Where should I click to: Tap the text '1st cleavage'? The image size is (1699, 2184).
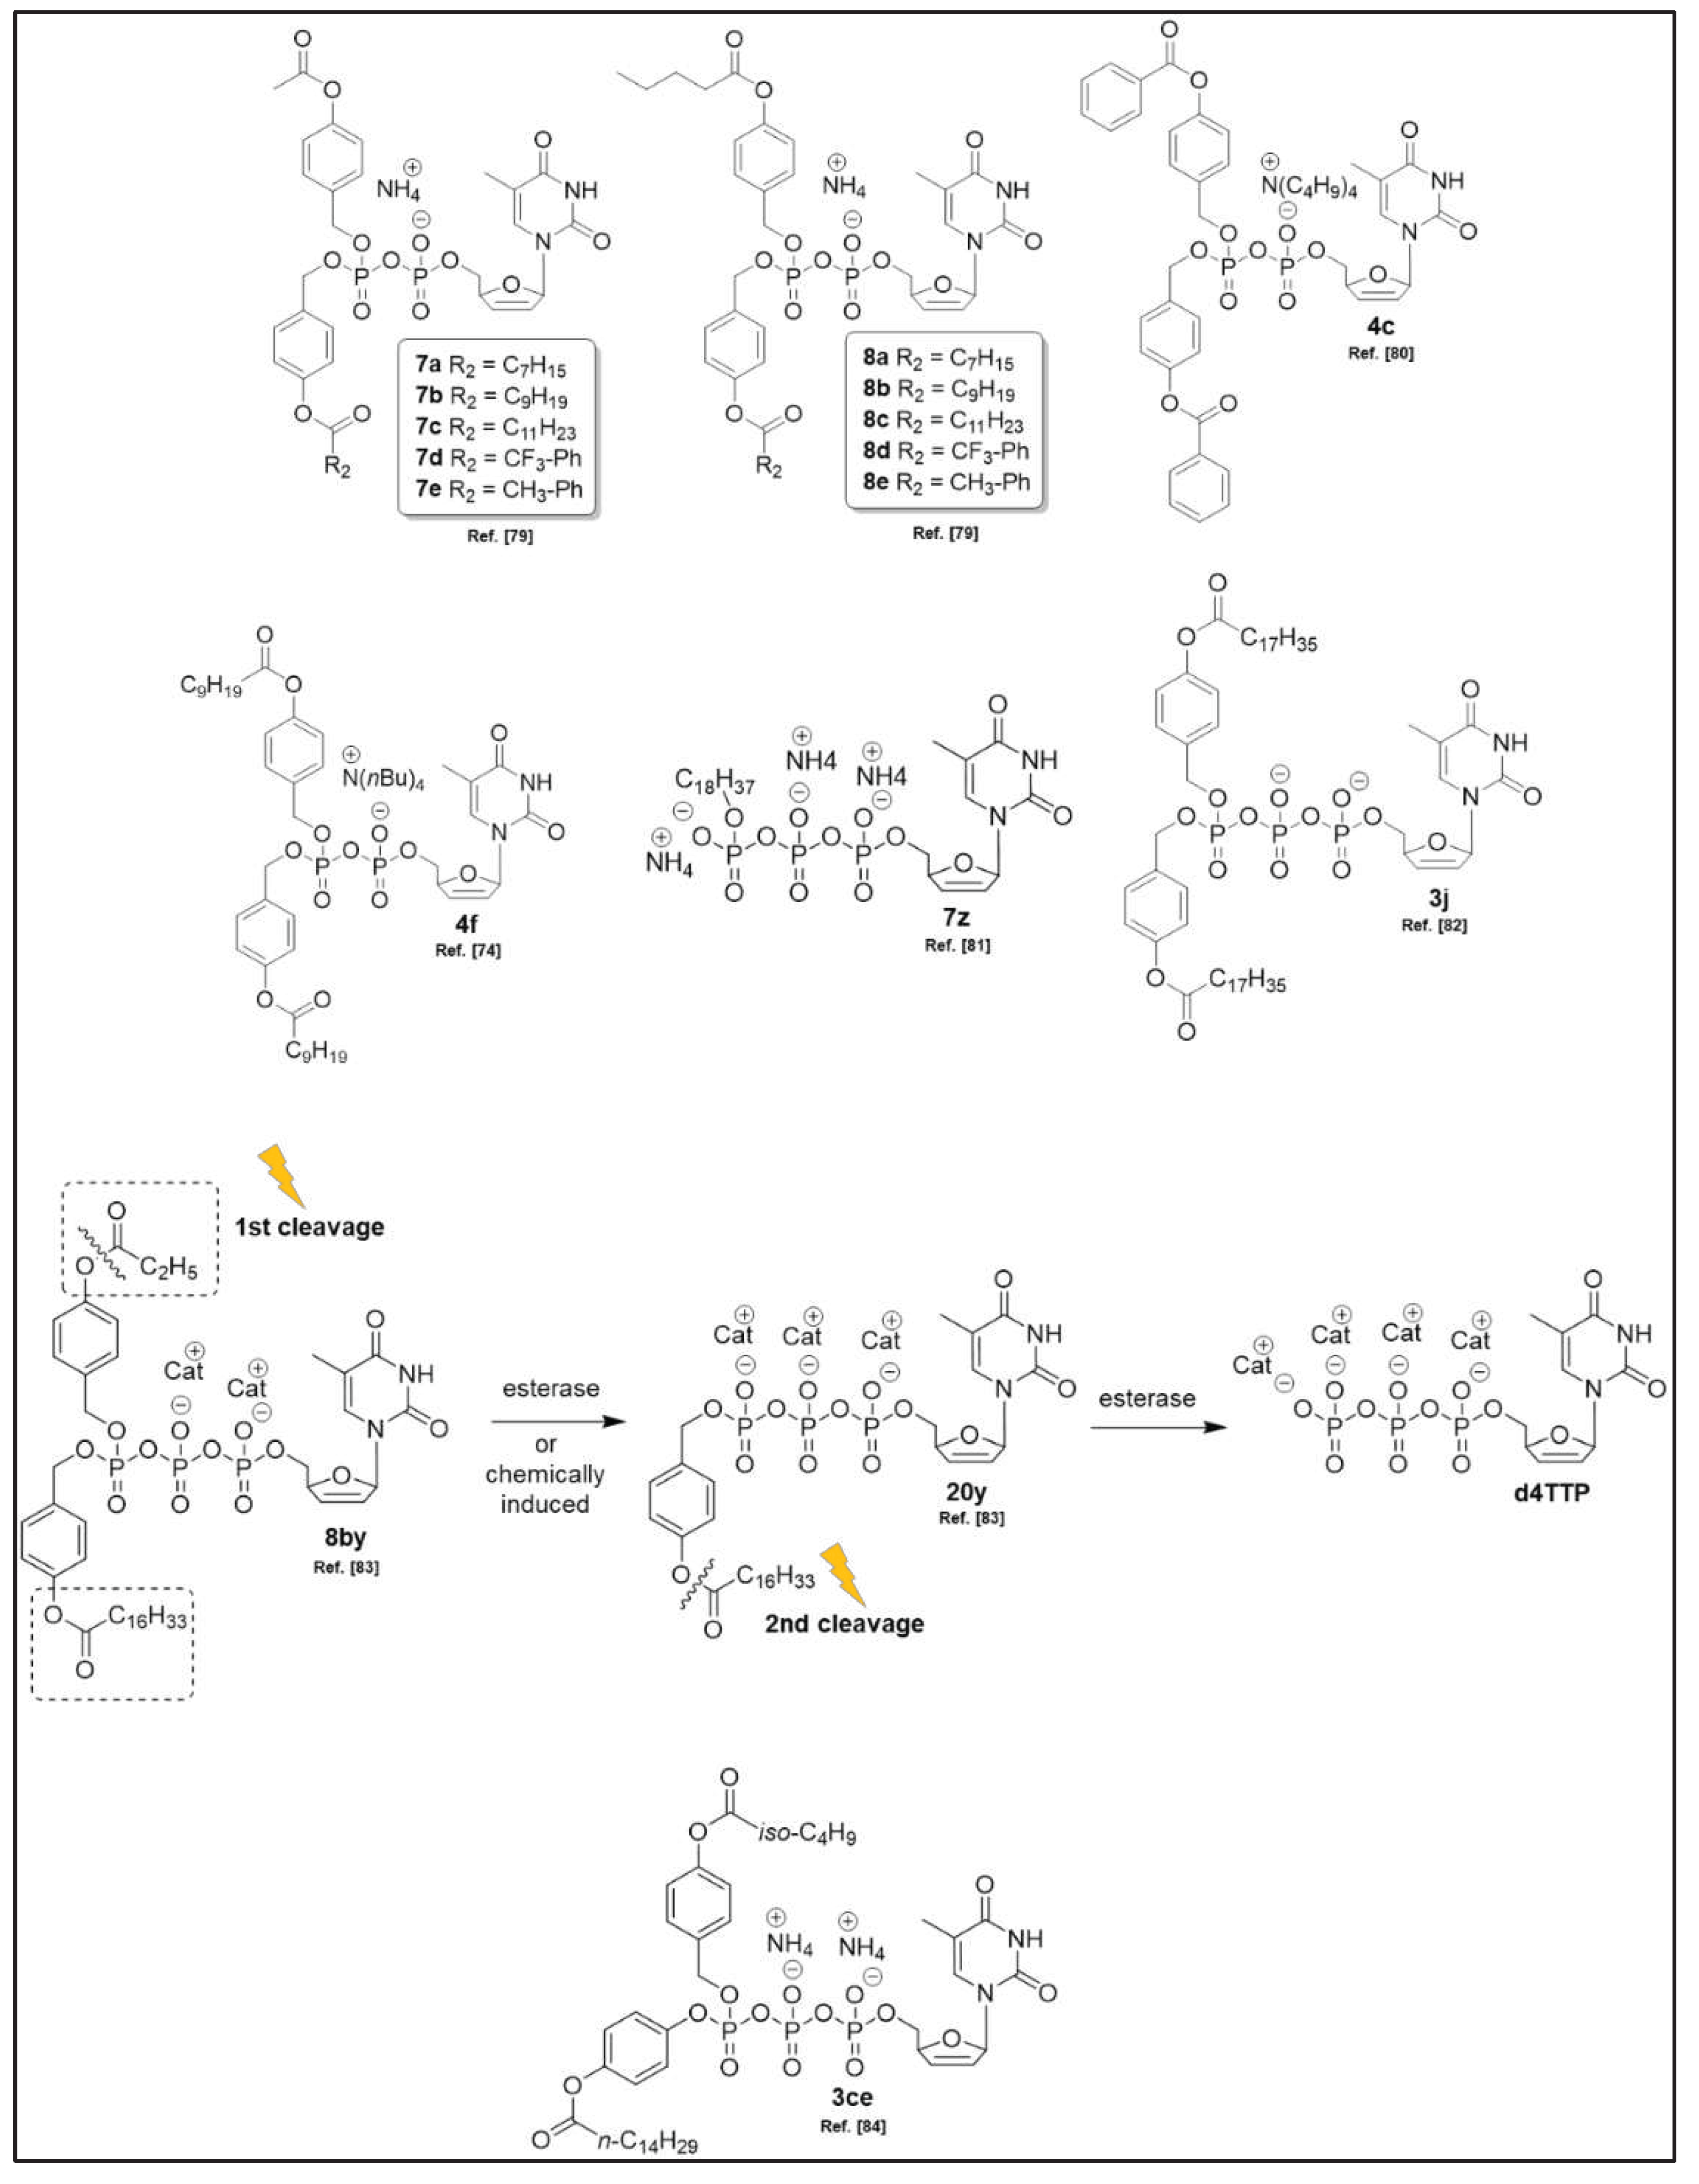click(x=310, y=1227)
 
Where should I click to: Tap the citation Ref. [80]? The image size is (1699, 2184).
click(x=1381, y=354)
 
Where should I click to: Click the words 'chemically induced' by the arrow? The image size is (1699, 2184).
click(x=545, y=1489)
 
